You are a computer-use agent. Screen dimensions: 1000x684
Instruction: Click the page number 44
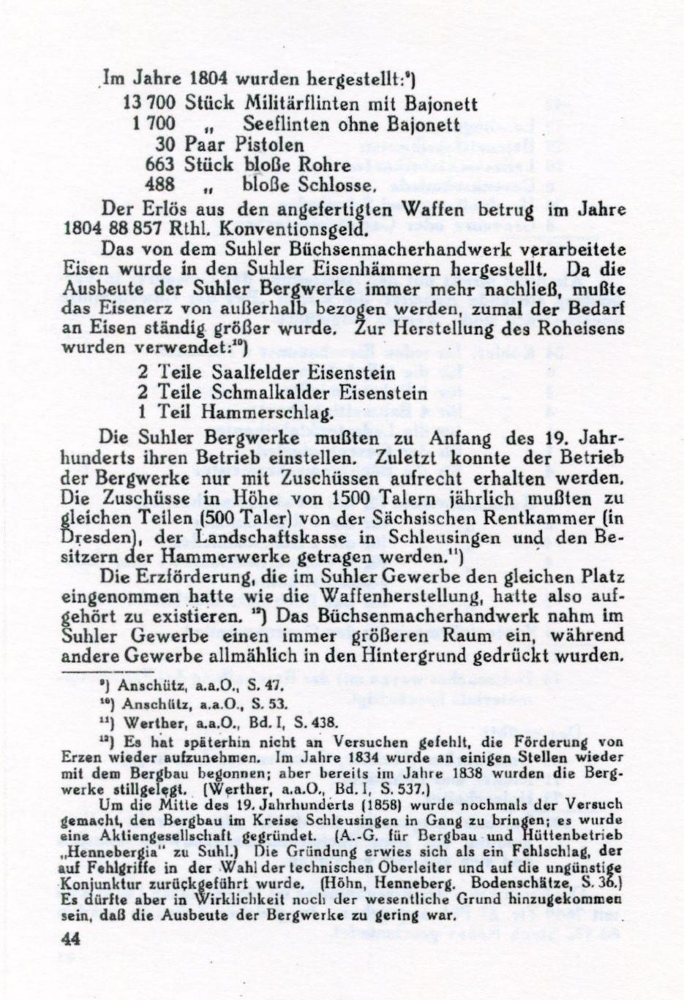pos(71,940)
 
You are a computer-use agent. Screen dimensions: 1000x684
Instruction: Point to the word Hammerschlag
pos(270,412)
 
